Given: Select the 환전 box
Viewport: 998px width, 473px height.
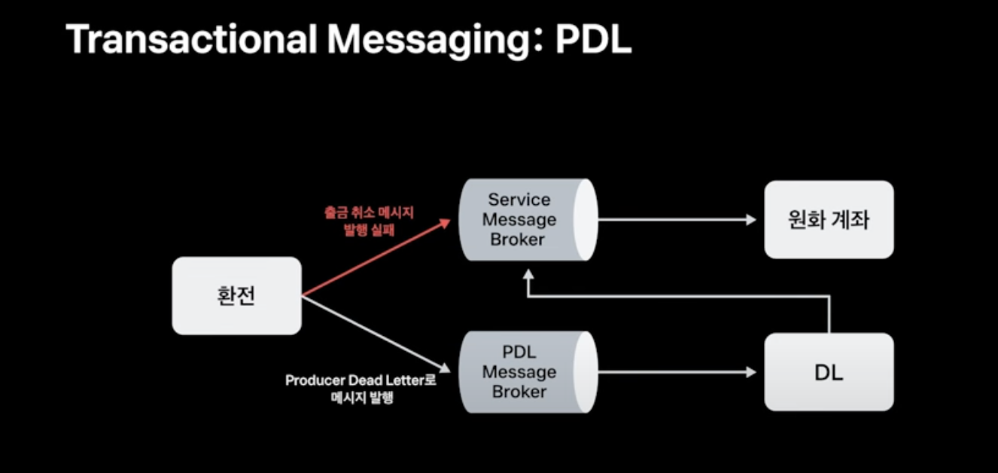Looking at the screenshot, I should [236, 296].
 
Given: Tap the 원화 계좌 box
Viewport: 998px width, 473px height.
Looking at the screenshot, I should [829, 220].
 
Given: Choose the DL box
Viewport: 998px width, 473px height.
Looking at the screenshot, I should [829, 372].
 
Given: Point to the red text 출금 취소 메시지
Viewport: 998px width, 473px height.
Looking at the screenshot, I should [368, 213].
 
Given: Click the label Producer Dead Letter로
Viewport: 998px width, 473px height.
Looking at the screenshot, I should [361, 381].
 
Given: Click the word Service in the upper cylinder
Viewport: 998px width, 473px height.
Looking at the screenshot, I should [519, 200].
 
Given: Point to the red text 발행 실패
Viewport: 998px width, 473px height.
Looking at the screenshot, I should [368, 230].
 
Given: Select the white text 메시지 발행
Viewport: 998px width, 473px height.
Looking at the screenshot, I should [361, 398].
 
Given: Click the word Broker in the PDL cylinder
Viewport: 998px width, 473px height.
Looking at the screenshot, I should [519, 392].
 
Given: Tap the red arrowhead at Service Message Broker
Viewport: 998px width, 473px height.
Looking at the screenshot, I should [445, 222].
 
